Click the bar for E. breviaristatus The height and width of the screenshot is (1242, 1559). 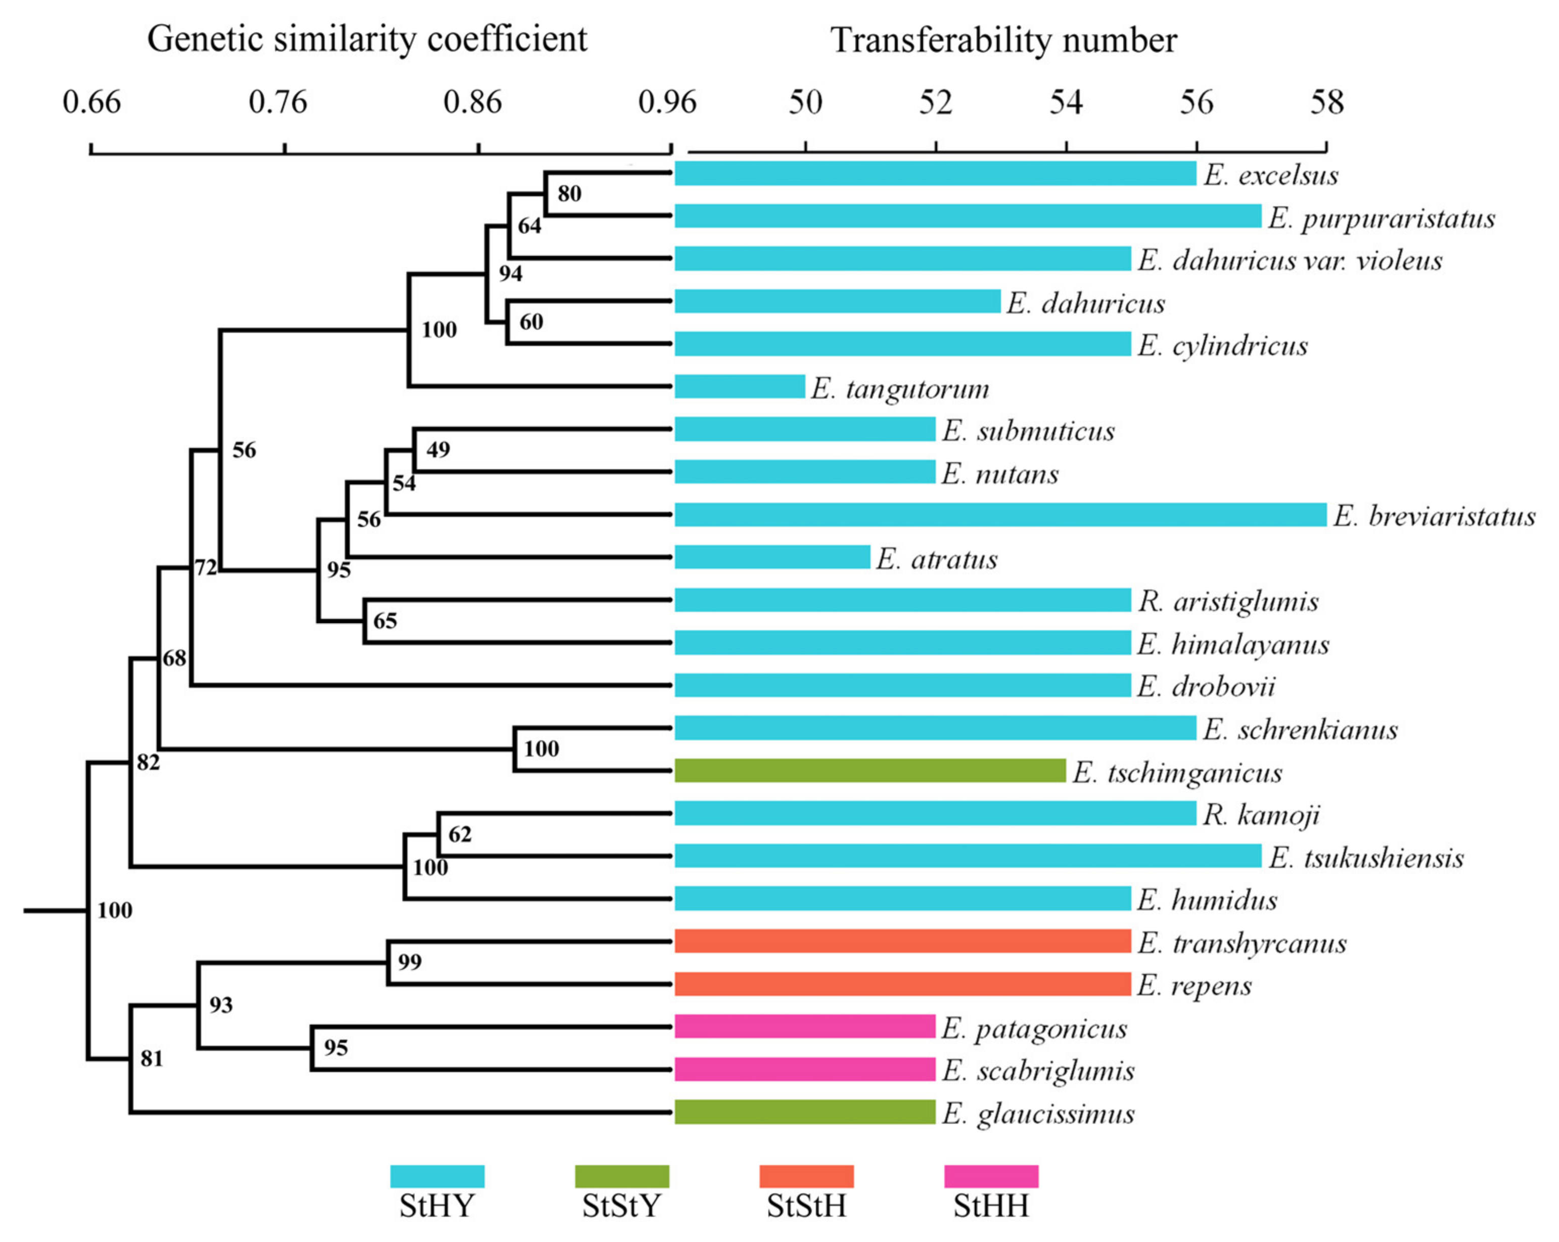click(1000, 514)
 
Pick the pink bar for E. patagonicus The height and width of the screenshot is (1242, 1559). click(805, 1027)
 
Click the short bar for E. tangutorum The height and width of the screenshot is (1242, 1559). click(739, 386)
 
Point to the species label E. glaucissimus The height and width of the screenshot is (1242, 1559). click(1038, 1113)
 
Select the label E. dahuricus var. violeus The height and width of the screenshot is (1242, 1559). click(1289, 260)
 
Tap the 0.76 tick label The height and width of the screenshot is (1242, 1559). click(278, 102)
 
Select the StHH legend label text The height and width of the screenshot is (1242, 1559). click(991, 1206)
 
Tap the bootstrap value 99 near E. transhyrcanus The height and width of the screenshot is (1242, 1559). click(409, 961)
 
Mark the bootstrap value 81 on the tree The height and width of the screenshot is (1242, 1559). click(151, 1058)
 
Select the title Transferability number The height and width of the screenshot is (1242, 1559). click(1003, 40)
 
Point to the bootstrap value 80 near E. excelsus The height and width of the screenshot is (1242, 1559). click(569, 193)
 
